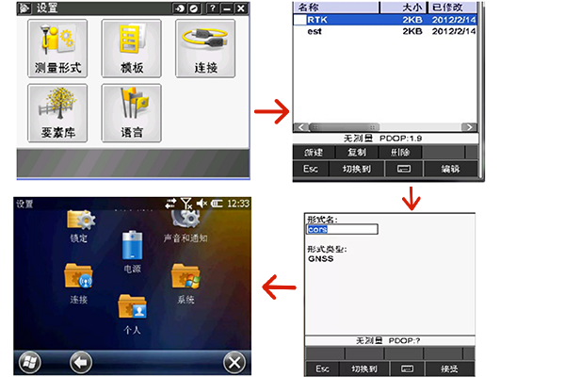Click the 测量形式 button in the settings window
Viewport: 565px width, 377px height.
tap(57, 49)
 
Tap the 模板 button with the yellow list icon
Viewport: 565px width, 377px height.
tap(131, 49)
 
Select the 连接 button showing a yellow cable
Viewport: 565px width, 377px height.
tap(204, 49)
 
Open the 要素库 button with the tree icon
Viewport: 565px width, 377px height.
tap(57, 113)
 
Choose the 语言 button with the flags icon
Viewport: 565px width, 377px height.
tap(131, 113)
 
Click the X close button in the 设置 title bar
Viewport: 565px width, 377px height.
tap(241, 8)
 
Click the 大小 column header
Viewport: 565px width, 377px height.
tap(413, 7)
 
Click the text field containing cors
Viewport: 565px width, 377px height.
tap(341, 229)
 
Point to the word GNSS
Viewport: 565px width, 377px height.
tap(321, 258)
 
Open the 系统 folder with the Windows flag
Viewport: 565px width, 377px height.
tap(185, 281)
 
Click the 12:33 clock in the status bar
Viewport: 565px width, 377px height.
tap(238, 203)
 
